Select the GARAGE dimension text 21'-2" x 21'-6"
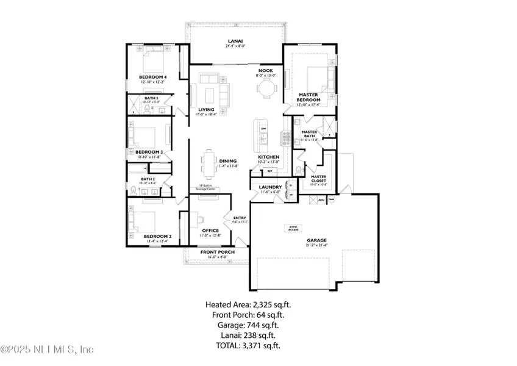point(317,245)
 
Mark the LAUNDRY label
point(269,187)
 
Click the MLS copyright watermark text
point(47,350)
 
